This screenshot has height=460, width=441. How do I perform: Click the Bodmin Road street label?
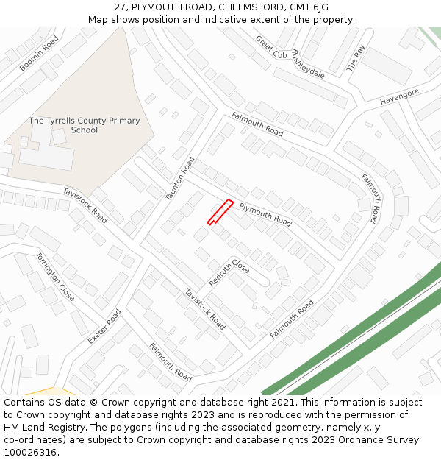click(x=39, y=54)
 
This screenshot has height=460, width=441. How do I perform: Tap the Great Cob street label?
click(x=270, y=47)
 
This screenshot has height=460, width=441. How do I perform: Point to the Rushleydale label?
click(x=308, y=64)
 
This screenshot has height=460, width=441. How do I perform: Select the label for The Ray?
click(x=356, y=58)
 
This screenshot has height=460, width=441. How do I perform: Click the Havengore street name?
click(x=399, y=96)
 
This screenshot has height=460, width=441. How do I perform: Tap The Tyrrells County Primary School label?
click(x=84, y=125)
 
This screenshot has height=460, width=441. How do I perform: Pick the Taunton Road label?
click(x=180, y=178)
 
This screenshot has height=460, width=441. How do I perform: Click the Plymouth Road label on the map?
click(x=265, y=213)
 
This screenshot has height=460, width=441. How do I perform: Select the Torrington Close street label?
click(x=55, y=277)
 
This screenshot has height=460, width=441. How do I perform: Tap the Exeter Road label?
click(x=104, y=326)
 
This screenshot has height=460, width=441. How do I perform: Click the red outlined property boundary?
click(x=220, y=212)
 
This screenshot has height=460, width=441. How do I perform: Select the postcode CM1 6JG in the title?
click(x=309, y=7)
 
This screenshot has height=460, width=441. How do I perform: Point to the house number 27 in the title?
click(x=121, y=7)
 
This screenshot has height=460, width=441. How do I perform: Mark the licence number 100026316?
click(x=30, y=452)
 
